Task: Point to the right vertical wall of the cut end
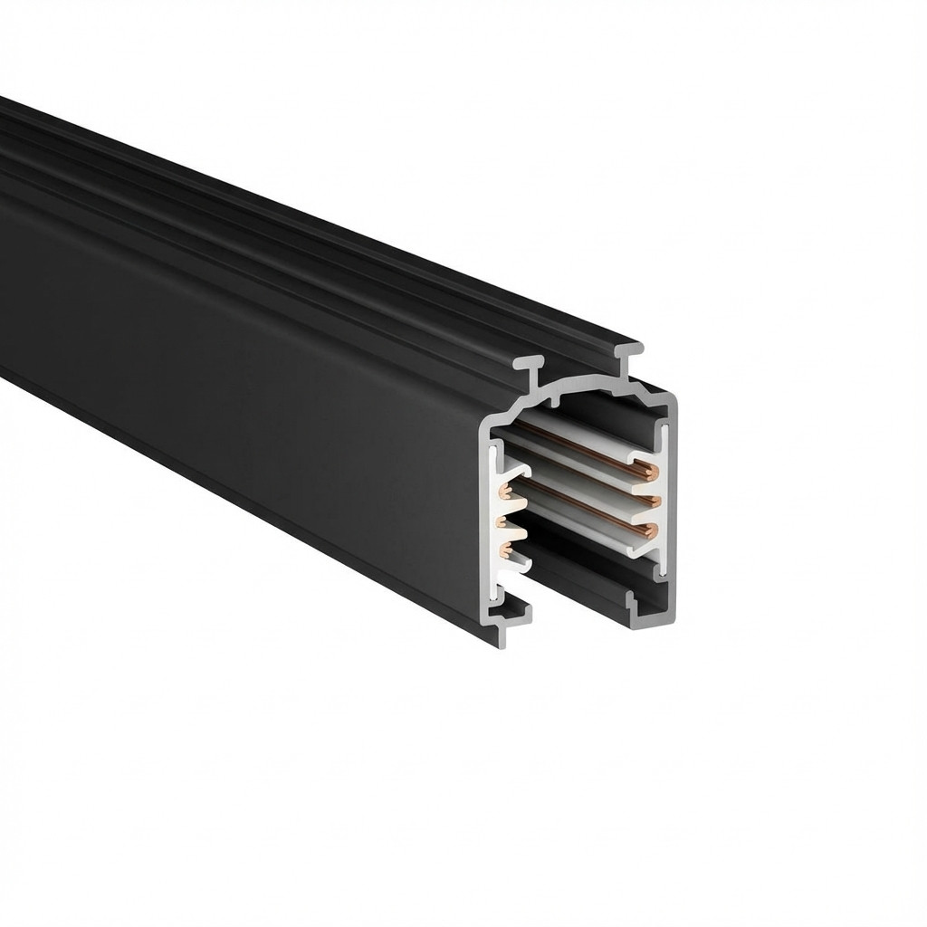pyautogui.click(x=671, y=498)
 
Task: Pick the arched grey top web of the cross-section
pyautogui.click(x=579, y=389)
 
